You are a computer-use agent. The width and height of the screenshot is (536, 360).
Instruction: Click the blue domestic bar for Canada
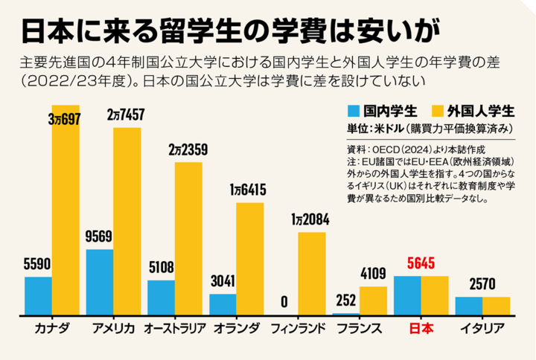(38, 295)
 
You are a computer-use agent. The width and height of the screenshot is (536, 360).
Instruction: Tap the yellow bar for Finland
(311, 273)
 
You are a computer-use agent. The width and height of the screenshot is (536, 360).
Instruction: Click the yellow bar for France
(373, 300)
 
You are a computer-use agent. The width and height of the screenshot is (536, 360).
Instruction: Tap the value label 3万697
(63, 118)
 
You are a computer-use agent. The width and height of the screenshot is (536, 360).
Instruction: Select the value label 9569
(99, 237)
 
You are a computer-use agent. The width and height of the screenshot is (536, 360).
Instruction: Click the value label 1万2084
(311, 220)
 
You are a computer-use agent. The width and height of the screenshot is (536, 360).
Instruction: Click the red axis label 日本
(421, 328)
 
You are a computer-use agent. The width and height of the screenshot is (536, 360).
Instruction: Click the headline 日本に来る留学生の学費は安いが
(228, 28)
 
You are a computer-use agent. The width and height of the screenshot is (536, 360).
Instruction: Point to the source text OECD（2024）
(403, 149)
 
